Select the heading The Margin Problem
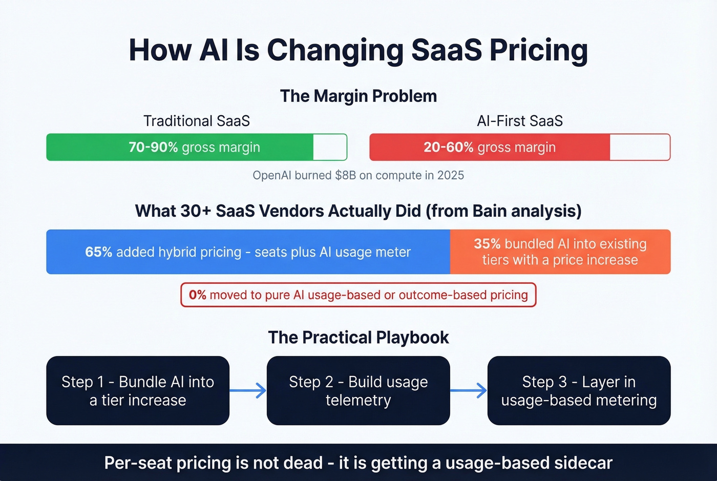click(x=358, y=96)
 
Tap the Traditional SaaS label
click(x=197, y=121)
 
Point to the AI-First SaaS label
click(x=520, y=121)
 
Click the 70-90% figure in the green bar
click(x=153, y=148)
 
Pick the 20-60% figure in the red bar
click(x=448, y=148)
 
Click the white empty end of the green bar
click(x=330, y=148)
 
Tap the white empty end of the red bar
click(x=639, y=148)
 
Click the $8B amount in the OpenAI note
click(x=345, y=175)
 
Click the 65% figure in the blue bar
click(x=98, y=252)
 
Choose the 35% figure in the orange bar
click(x=487, y=244)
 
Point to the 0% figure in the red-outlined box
click(x=197, y=295)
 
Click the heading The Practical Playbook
click(x=358, y=338)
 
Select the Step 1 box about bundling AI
click(x=138, y=390)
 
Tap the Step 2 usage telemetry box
click(x=358, y=390)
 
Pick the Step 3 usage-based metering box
click(x=579, y=390)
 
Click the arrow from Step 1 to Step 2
click(x=248, y=390)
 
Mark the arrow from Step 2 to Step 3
click(x=469, y=390)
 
